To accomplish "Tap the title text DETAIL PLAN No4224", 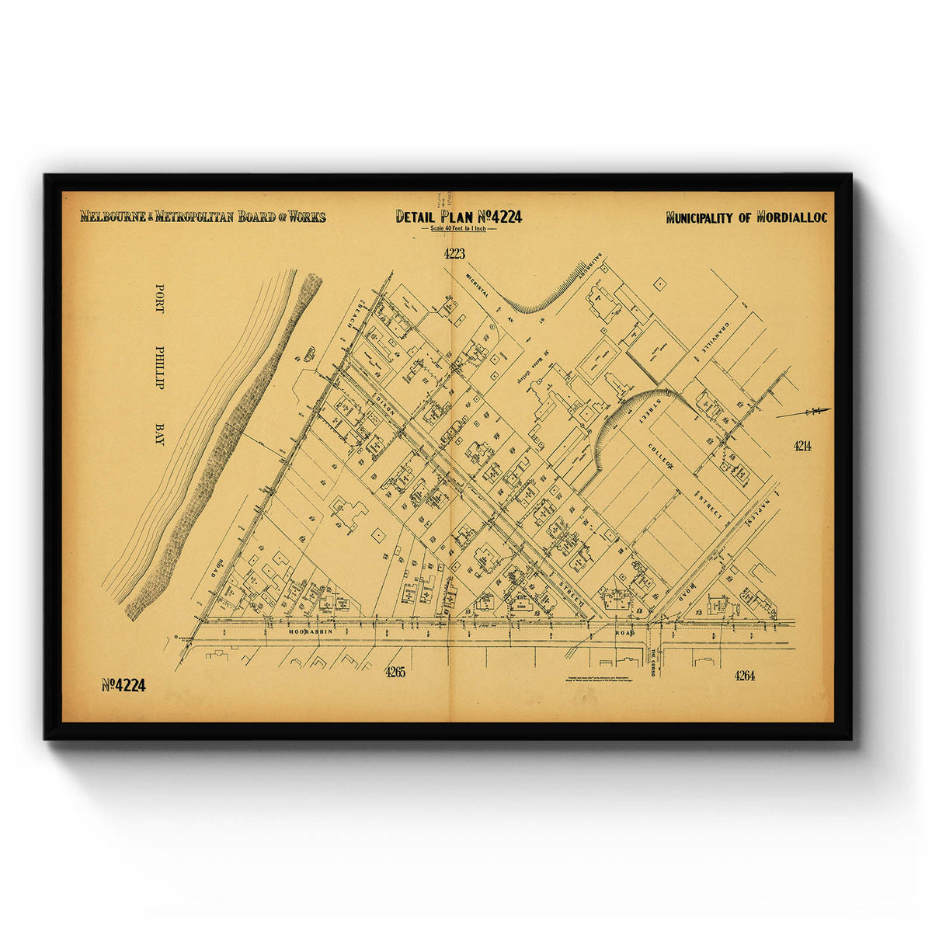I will tap(458, 216).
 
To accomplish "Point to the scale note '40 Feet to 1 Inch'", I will tap(458, 230).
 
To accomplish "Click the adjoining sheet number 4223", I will tap(454, 253).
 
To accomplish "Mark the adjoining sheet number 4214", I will tap(802, 446).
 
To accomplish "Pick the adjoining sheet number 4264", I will tap(744, 676).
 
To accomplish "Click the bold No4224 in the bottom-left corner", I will tap(123, 685).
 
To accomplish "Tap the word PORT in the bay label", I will tap(160, 297).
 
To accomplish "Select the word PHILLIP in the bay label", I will tap(160, 367).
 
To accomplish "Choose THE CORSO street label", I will tap(653, 662).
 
